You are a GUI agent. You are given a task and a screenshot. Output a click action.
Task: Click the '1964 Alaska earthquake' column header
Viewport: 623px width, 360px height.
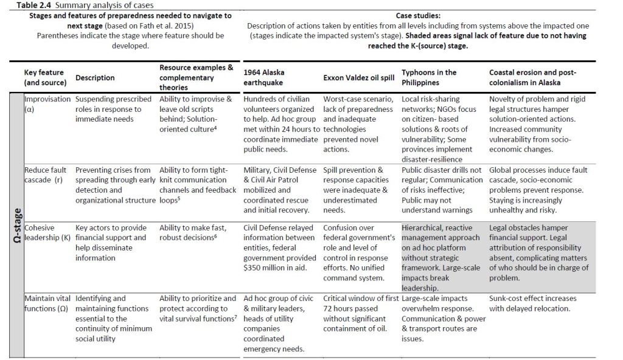click(264, 77)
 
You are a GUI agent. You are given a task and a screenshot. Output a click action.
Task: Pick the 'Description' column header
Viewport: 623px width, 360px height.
click(96, 78)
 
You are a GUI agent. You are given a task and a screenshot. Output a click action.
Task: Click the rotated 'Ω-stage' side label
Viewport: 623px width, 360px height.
click(18, 226)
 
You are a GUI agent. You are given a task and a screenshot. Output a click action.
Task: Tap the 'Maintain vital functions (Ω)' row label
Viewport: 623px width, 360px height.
click(47, 303)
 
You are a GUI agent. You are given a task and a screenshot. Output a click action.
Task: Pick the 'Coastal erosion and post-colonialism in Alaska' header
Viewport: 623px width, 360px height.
click(533, 77)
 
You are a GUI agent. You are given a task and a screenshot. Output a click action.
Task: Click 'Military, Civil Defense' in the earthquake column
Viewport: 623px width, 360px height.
click(280, 170)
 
